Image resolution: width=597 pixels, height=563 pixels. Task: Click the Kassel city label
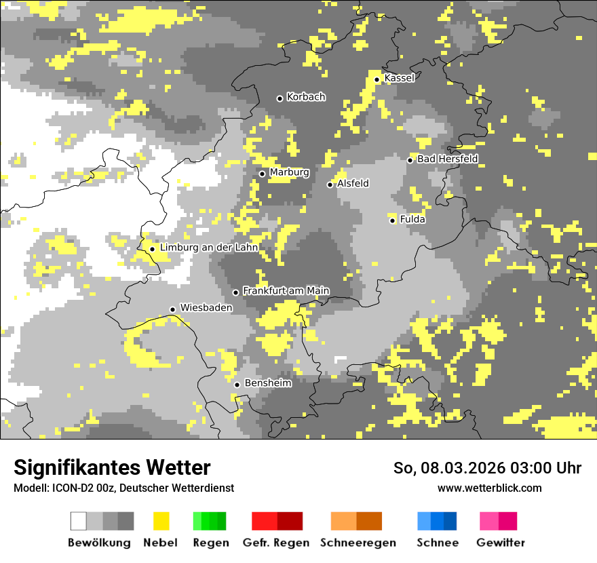(x=399, y=78)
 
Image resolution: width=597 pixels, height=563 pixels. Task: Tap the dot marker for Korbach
(x=280, y=98)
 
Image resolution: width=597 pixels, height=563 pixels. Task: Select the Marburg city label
(x=289, y=172)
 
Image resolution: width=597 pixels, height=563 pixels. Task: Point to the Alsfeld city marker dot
(x=330, y=185)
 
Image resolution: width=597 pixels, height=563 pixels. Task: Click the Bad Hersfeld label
(x=447, y=159)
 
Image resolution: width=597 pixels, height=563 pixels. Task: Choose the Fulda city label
(x=412, y=219)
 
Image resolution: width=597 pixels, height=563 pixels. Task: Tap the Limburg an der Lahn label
(x=209, y=248)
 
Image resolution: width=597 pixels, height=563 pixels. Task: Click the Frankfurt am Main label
(x=286, y=291)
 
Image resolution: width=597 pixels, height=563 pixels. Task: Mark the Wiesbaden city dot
(x=172, y=309)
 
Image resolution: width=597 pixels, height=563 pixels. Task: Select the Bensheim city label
(x=268, y=383)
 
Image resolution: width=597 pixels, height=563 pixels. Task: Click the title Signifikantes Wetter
(x=112, y=467)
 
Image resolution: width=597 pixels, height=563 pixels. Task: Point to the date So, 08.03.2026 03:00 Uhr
(x=487, y=468)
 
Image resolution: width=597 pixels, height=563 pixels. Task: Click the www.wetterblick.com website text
(x=489, y=488)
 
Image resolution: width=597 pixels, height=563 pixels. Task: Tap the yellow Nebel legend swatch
(x=161, y=521)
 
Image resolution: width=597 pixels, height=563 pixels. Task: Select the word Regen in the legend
(x=210, y=543)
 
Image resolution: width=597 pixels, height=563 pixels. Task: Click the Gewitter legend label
(x=500, y=543)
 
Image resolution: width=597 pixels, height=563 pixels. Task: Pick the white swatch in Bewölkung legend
(x=79, y=521)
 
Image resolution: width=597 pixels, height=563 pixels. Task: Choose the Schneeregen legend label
(x=358, y=543)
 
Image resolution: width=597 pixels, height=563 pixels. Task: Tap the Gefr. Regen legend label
(x=275, y=543)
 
